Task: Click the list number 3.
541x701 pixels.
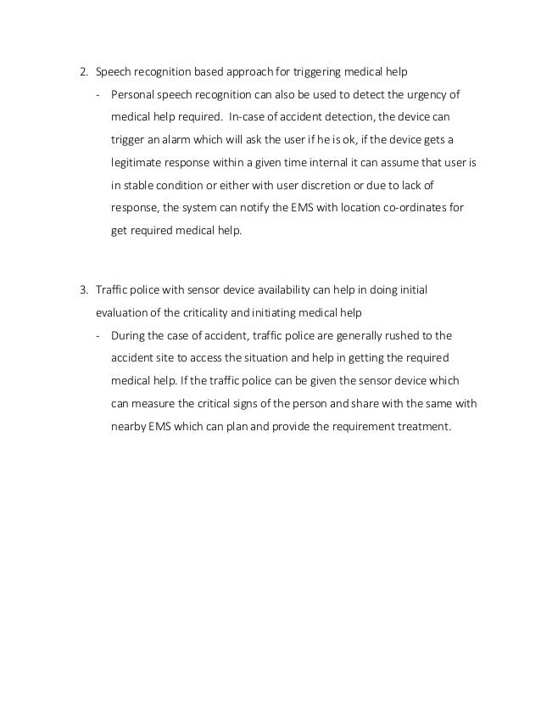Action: click(83, 290)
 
